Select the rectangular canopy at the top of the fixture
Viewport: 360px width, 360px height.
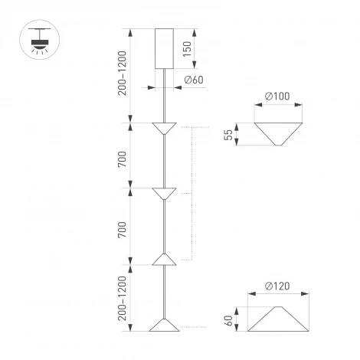point(165,48)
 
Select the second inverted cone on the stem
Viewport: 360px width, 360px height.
point(165,194)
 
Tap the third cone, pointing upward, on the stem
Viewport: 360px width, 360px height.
point(165,259)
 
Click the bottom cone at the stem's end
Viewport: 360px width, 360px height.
point(165,325)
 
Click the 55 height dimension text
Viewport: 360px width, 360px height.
point(227,134)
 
